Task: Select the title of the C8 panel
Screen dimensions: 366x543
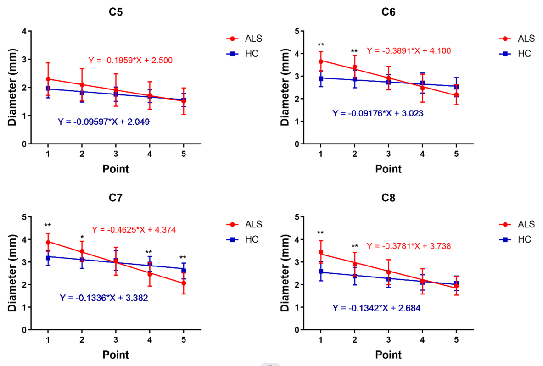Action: (x=388, y=198)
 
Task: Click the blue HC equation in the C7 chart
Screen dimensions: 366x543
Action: (x=104, y=298)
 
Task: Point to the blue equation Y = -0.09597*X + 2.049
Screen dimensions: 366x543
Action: (x=104, y=122)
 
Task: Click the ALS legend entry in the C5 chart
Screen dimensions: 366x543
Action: (x=246, y=39)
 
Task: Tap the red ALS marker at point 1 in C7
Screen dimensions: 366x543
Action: (x=48, y=242)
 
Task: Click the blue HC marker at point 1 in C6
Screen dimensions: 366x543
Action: (x=321, y=79)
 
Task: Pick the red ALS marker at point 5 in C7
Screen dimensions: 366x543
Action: (x=184, y=283)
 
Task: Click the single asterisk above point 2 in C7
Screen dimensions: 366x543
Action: (x=82, y=232)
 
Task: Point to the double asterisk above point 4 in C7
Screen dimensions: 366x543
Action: (x=150, y=252)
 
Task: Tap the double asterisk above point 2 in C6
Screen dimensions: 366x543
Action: (x=354, y=51)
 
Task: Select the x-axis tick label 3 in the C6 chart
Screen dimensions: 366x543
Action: (x=388, y=155)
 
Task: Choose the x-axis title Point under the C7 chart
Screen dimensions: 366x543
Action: (x=115, y=355)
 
